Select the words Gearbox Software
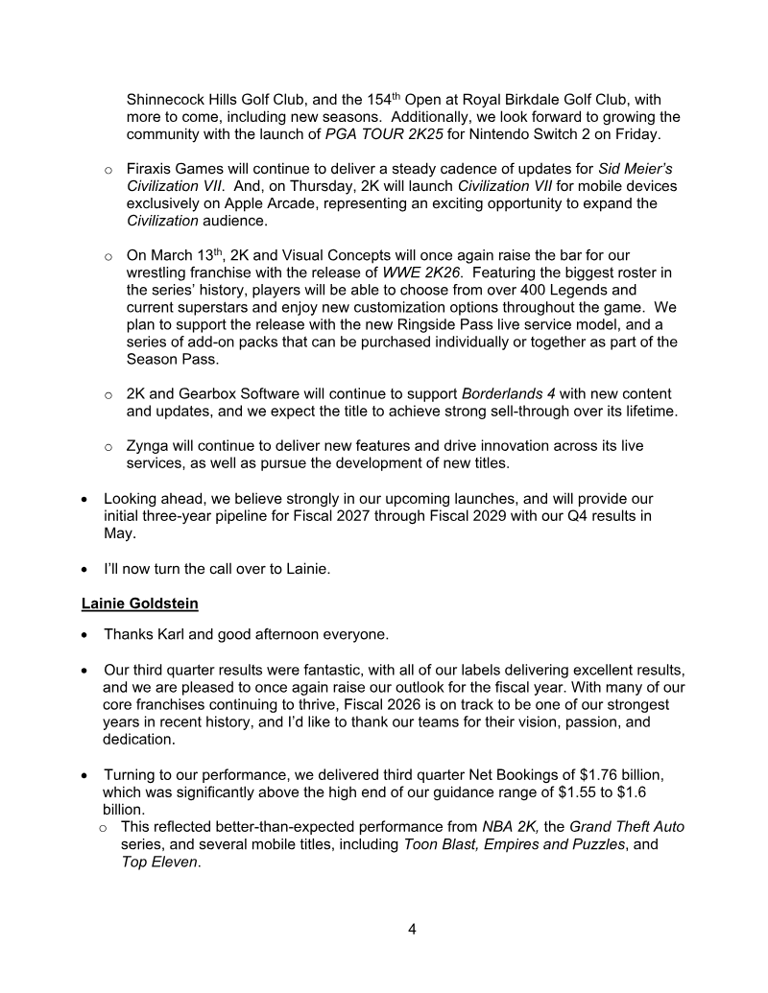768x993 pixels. click(238, 394)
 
